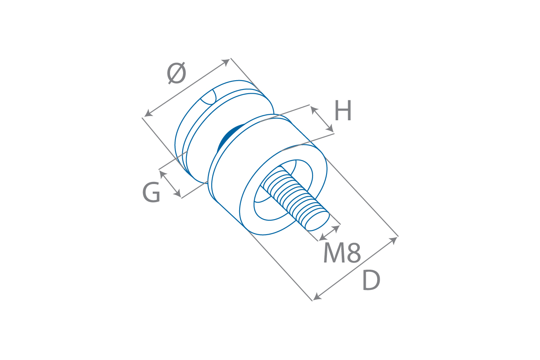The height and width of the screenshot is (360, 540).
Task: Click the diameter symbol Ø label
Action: point(176,73)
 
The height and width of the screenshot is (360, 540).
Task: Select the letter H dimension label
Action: point(343,111)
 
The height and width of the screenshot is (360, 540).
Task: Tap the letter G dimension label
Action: point(151,192)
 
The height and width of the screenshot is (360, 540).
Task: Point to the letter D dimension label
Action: point(371,281)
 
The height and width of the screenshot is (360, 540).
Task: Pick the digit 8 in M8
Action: point(354,254)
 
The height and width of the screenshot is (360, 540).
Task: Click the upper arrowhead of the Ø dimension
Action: point(227,62)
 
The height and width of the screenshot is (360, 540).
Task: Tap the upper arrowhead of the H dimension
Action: point(313,109)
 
